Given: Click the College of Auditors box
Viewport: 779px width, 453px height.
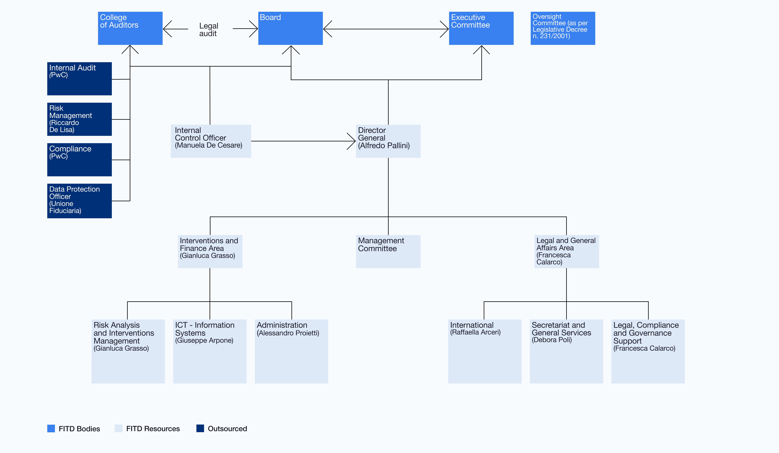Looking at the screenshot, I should click(x=130, y=28).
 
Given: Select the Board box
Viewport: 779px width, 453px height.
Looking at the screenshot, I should click(x=290, y=28).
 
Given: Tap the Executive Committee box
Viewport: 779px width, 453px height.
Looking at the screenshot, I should click(x=481, y=28).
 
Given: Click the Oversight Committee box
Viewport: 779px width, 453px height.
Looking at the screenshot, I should click(x=563, y=28).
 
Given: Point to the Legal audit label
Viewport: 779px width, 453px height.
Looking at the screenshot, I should click(x=209, y=30).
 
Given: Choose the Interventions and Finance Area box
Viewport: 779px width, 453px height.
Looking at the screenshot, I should click(x=210, y=252).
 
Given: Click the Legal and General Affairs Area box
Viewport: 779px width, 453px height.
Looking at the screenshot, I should click(x=566, y=252).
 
